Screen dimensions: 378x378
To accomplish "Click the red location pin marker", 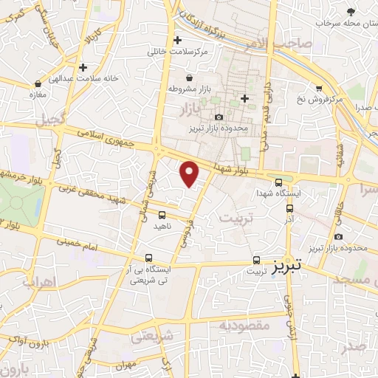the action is (x=190, y=173).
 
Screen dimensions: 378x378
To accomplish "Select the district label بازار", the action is (x=190, y=111).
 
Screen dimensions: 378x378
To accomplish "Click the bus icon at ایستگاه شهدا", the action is (x=278, y=183).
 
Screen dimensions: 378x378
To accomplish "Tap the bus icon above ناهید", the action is (x=161, y=215).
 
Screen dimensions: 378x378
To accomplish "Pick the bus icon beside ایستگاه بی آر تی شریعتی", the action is (x=150, y=258).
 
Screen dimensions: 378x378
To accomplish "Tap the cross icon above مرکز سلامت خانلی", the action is (x=176, y=40).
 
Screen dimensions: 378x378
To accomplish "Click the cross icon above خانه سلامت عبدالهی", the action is (x=83, y=67).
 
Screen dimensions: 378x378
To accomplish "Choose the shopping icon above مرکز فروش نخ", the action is (x=318, y=87).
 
